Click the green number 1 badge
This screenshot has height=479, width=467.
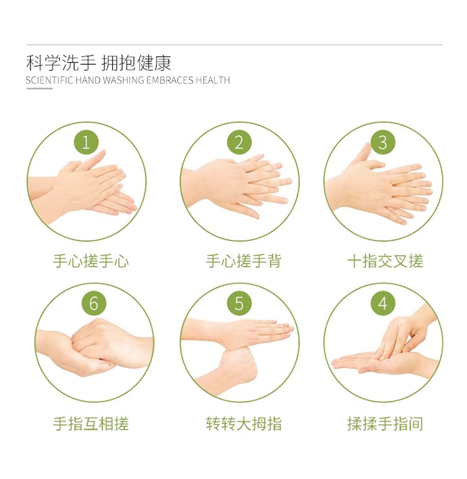point(87,142)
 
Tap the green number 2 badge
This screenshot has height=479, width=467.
point(240,142)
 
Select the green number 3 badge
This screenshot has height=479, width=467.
point(383,142)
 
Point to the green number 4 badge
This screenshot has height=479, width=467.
point(383,303)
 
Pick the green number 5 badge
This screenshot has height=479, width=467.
point(240,303)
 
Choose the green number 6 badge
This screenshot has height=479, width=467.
point(94,303)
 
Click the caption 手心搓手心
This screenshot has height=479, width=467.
point(91,261)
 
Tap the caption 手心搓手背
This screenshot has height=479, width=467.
point(243,261)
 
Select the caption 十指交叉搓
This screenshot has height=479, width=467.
point(385,261)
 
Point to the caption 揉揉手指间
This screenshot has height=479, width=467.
point(385,423)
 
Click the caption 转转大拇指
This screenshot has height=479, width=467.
point(243,423)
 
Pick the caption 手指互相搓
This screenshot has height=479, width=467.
point(91,423)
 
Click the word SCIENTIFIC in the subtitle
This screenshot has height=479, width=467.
point(50,80)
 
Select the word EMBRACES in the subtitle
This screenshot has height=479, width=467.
point(170,80)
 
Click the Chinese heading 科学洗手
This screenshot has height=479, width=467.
point(61,63)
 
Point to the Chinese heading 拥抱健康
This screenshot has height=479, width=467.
point(136,63)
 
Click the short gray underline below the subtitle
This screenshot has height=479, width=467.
point(39,89)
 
